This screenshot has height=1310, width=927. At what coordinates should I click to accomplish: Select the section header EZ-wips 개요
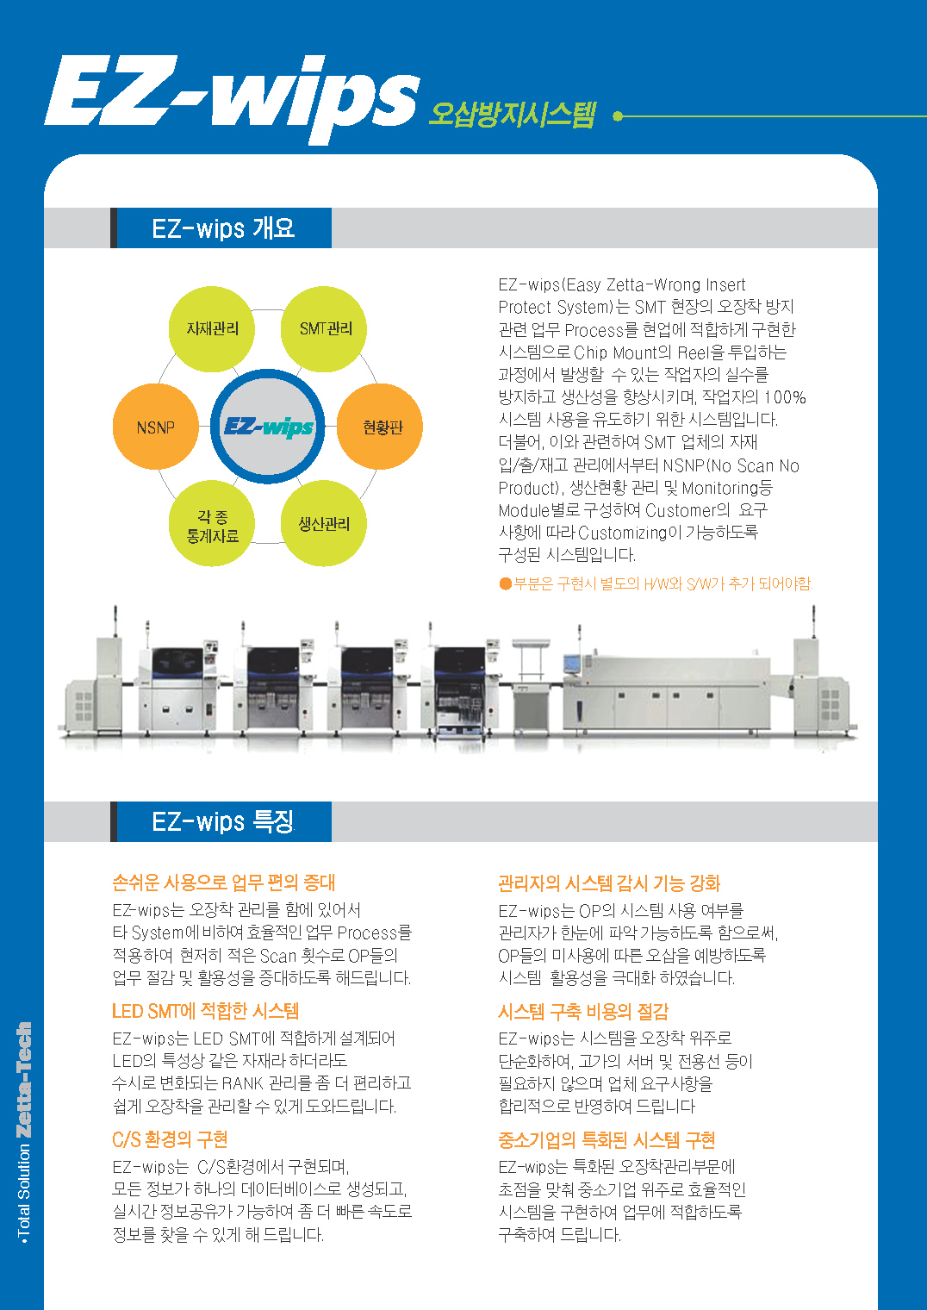click(223, 228)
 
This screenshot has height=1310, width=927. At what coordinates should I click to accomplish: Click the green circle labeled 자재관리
click(212, 328)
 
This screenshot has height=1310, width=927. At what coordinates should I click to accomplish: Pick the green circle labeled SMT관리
click(325, 328)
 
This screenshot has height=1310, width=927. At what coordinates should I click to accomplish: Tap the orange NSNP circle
click(155, 427)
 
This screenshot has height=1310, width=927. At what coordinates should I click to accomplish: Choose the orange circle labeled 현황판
click(380, 427)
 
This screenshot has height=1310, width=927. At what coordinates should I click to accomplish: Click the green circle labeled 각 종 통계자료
click(212, 524)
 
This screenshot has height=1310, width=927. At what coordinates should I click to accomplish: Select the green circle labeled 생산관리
click(325, 524)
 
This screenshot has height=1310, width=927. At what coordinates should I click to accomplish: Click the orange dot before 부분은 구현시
click(506, 583)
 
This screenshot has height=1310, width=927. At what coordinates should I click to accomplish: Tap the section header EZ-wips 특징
click(222, 821)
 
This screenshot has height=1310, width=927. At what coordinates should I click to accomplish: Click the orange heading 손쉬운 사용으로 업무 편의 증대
click(223, 882)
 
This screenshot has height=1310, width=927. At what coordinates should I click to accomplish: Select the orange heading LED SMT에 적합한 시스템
click(205, 1011)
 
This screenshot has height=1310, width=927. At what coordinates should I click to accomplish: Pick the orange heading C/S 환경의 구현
click(170, 1139)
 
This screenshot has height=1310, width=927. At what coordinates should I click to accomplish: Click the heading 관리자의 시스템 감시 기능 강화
click(609, 883)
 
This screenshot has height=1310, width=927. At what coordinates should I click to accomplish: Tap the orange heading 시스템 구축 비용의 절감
click(582, 1011)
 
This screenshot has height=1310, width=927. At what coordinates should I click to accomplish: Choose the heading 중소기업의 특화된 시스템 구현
click(607, 1140)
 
